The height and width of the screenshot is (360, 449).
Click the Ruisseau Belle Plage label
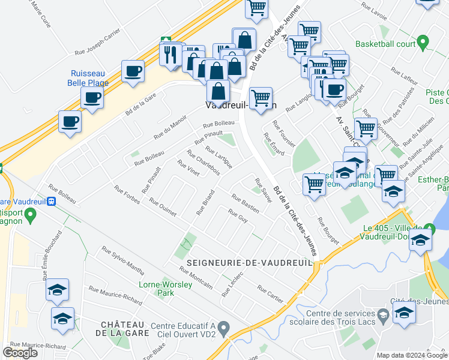coord(89,77)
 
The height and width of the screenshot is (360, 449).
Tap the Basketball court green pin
coord(423,43)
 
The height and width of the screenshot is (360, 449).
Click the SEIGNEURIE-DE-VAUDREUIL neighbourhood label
coord(250,263)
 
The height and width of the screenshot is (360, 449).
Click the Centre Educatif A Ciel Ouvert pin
coord(224,328)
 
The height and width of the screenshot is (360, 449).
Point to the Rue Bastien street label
coord(246,204)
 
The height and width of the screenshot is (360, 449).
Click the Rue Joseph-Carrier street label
coord(98,44)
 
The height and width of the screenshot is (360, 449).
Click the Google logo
coord(20,352)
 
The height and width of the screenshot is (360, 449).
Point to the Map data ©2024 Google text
coord(412,355)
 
